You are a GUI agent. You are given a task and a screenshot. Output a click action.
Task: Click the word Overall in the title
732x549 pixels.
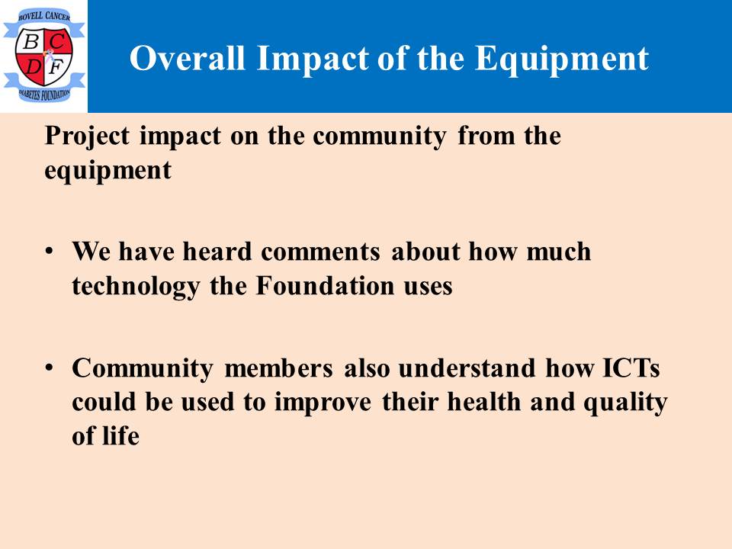[x=188, y=58]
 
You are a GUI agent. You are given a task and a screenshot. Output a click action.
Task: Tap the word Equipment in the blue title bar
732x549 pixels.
[x=562, y=59]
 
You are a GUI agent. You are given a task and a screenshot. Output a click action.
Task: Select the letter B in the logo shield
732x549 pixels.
[x=30, y=42]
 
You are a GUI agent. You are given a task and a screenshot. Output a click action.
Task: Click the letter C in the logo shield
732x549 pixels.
[x=57, y=42]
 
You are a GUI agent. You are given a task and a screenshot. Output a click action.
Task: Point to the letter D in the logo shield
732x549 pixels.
[x=33, y=67]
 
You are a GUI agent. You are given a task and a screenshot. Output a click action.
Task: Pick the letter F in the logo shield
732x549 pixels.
[x=56, y=68]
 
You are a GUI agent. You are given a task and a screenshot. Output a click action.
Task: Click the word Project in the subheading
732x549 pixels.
[x=87, y=137]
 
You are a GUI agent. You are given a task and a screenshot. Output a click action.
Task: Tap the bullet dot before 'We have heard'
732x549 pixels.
[x=49, y=251]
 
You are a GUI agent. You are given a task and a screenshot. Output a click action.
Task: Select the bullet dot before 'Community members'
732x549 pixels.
[x=49, y=368]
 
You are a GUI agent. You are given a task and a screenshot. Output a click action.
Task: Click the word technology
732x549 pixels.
[x=136, y=287]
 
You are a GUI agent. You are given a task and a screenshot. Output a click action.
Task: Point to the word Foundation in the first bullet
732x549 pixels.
[x=326, y=285]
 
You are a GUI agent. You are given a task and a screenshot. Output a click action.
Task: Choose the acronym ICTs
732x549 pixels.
[x=631, y=368]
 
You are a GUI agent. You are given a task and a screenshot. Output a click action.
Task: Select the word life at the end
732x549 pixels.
[x=120, y=435]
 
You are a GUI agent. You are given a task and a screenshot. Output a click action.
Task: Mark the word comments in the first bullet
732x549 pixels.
[x=320, y=252]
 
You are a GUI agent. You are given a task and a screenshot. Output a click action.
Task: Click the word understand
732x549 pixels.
[x=467, y=368]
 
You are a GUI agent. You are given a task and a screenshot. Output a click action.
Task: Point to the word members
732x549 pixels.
[x=279, y=368]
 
